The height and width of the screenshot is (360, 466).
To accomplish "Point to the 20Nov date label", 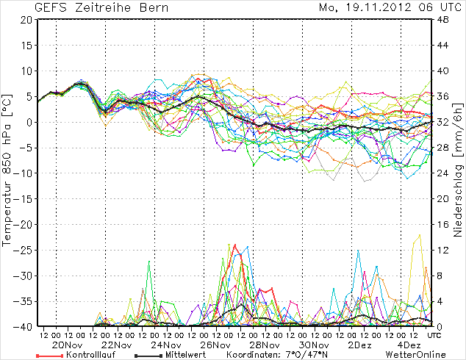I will (x=67, y=345).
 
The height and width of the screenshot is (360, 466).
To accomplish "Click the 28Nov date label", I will (x=264, y=345).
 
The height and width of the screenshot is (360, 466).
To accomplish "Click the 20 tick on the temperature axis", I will (x=26, y=20).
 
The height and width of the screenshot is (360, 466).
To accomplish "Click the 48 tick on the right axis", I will (x=443, y=20).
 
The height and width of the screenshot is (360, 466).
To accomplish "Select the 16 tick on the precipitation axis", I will (x=443, y=224).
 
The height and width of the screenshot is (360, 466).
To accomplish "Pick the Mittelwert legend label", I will (x=176, y=355).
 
